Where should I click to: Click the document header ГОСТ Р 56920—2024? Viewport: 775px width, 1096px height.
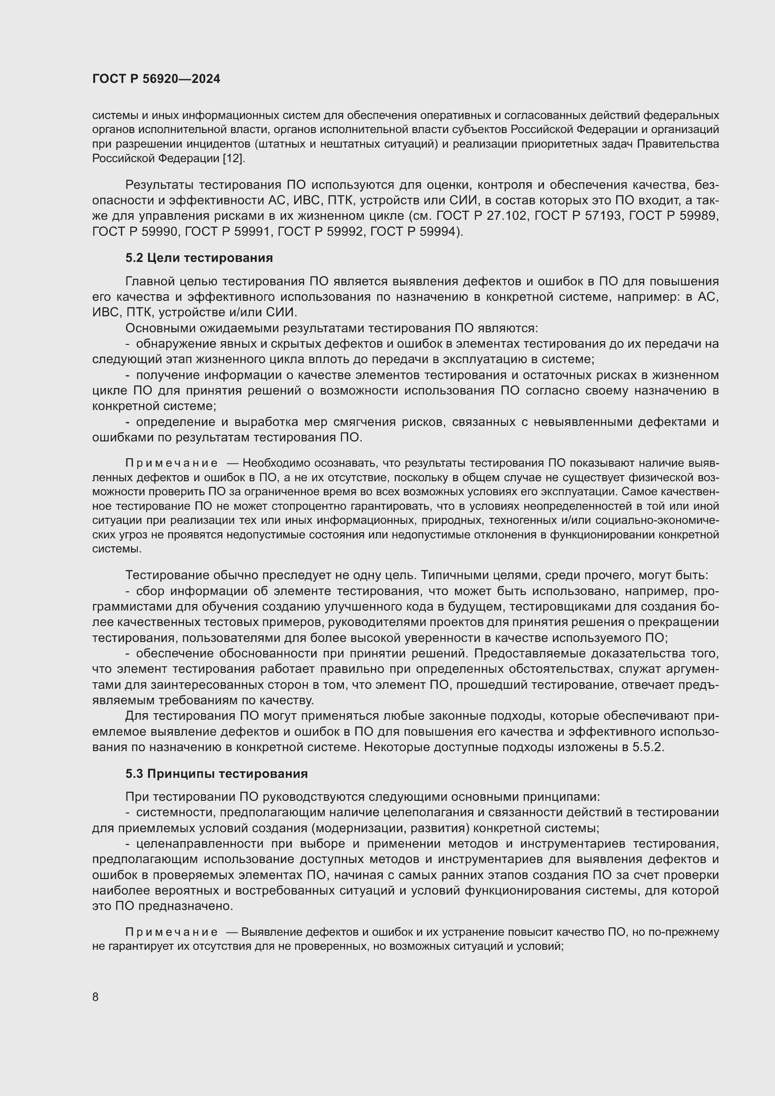pos(156,79)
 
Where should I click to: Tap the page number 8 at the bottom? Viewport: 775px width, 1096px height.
pos(96,997)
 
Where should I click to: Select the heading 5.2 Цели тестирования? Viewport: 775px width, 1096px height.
pos(199,258)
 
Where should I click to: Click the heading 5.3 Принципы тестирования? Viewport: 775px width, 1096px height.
pos(216,774)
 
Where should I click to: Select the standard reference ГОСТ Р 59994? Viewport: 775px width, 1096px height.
pos(415,231)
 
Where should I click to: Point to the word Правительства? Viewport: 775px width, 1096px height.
pos(678,144)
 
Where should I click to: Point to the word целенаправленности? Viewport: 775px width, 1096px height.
pos(201,843)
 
